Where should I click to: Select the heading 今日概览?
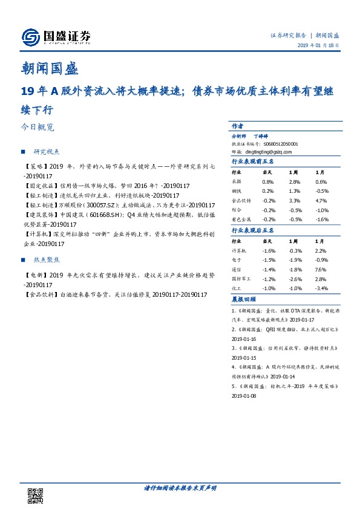(38, 128)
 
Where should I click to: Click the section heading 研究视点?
(49, 151)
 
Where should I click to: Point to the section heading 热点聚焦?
(49, 260)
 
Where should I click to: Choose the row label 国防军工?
(241, 279)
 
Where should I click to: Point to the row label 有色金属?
(241, 219)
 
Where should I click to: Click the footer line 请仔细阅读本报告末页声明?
(180, 487)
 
